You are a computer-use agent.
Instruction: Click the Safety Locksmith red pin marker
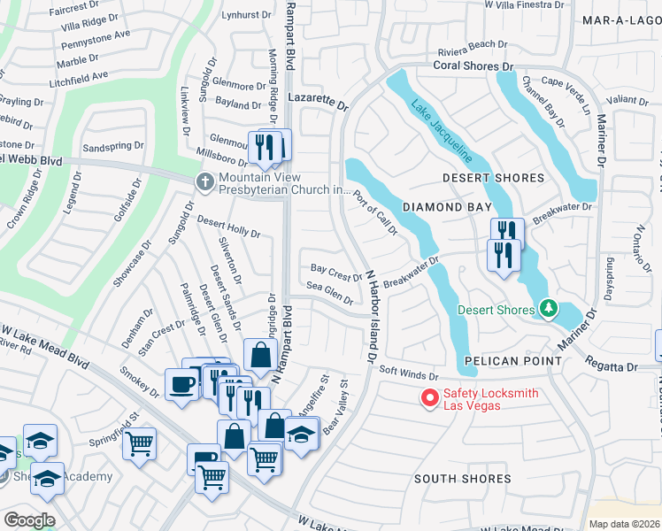(429, 398)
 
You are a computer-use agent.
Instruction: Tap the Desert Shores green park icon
(549, 308)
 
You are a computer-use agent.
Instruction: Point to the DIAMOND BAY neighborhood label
(447, 207)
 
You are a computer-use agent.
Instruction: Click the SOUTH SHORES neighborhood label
(463, 479)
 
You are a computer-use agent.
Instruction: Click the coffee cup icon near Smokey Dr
(181, 385)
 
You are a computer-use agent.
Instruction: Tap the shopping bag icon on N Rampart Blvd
(261, 355)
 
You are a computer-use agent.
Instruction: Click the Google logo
(28, 519)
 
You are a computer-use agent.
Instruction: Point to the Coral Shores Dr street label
(473, 66)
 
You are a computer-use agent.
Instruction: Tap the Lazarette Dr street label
(319, 104)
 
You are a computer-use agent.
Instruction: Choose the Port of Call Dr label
(375, 212)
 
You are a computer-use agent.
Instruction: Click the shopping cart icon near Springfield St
(139, 442)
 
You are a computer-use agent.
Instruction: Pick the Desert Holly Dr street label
(228, 227)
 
